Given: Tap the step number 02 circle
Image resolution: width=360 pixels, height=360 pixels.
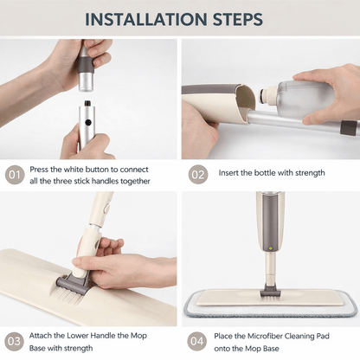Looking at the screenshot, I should click(x=199, y=175).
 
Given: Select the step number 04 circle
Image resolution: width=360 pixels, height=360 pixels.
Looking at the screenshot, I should click(x=199, y=340).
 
